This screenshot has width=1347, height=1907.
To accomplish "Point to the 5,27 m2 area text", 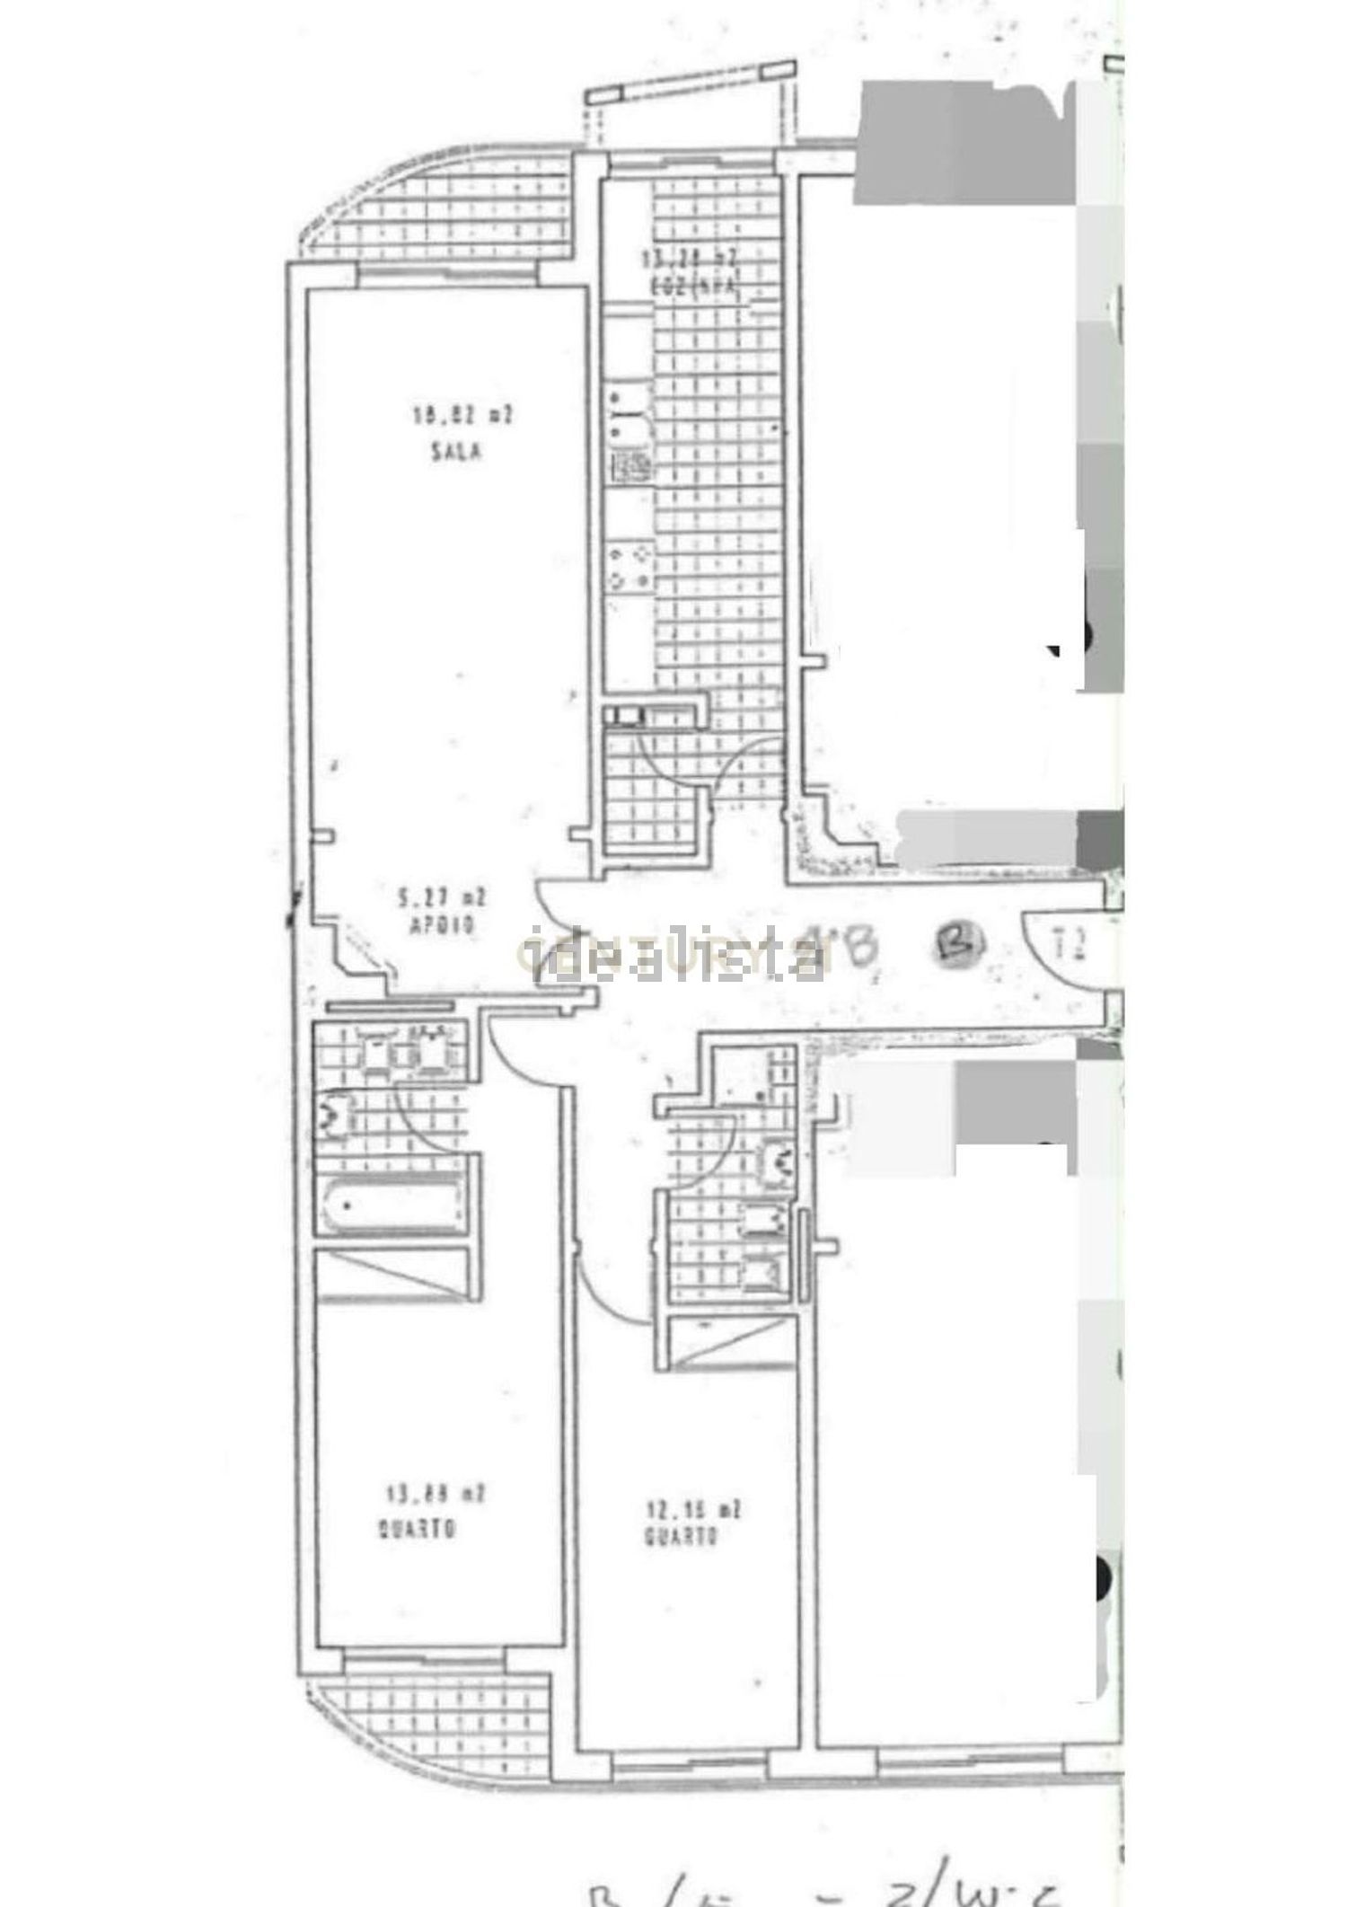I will (442, 896).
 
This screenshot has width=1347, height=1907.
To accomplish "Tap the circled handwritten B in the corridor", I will (961, 942).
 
